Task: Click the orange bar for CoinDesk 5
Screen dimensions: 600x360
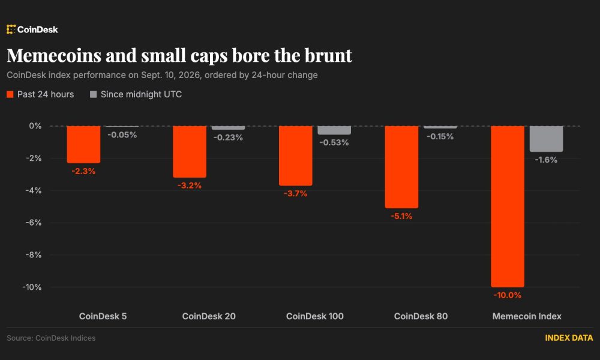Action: (83, 144)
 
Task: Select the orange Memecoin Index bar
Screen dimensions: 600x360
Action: (508, 206)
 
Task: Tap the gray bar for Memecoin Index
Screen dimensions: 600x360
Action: (546, 139)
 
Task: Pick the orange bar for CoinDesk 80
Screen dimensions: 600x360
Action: (401, 167)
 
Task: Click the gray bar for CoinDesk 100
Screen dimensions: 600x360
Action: (334, 130)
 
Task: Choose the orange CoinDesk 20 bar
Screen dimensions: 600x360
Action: (190, 151)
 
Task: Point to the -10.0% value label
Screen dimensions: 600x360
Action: (508, 295)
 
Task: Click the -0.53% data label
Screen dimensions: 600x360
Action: (334, 142)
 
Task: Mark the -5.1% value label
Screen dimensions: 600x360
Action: (401, 216)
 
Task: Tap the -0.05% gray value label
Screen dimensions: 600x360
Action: (122, 134)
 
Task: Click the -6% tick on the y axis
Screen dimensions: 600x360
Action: (33, 222)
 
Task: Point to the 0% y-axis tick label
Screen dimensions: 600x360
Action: (35, 126)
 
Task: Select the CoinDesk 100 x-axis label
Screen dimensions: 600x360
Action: (315, 316)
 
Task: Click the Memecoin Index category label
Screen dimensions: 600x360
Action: (527, 316)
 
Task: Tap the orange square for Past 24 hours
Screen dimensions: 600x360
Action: (10, 94)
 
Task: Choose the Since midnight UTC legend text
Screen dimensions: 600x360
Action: (141, 94)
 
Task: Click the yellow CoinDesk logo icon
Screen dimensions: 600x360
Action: (11, 29)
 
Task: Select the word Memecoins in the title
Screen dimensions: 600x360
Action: (54, 55)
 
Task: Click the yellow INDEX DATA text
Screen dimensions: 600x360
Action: (569, 338)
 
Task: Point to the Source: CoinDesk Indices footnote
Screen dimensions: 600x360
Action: (51, 338)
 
